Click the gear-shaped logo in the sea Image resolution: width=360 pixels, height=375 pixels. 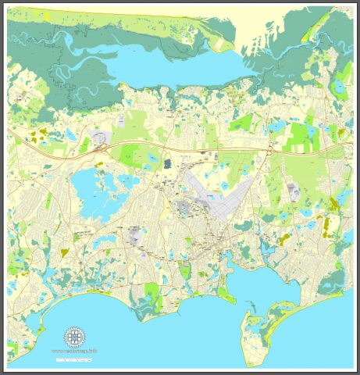75,337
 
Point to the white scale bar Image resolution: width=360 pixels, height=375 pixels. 74,360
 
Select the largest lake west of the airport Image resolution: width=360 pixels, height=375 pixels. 91,191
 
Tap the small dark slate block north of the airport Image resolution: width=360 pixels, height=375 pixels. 167,163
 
